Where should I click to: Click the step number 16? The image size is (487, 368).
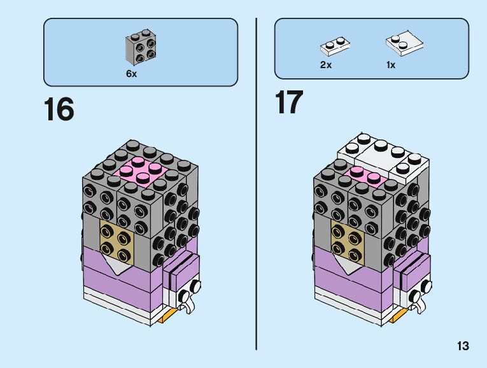(x=59, y=110)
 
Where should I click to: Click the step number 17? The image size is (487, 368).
(x=289, y=103)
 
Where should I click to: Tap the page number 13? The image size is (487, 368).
(x=462, y=346)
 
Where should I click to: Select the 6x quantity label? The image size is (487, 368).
(x=131, y=74)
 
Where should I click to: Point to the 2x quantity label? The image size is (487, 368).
(x=326, y=65)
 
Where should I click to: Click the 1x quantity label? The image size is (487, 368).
(x=390, y=65)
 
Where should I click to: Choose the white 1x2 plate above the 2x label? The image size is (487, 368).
(x=335, y=46)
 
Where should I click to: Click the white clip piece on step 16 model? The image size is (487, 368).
(x=185, y=299)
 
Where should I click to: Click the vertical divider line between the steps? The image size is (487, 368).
(x=256, y=191)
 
